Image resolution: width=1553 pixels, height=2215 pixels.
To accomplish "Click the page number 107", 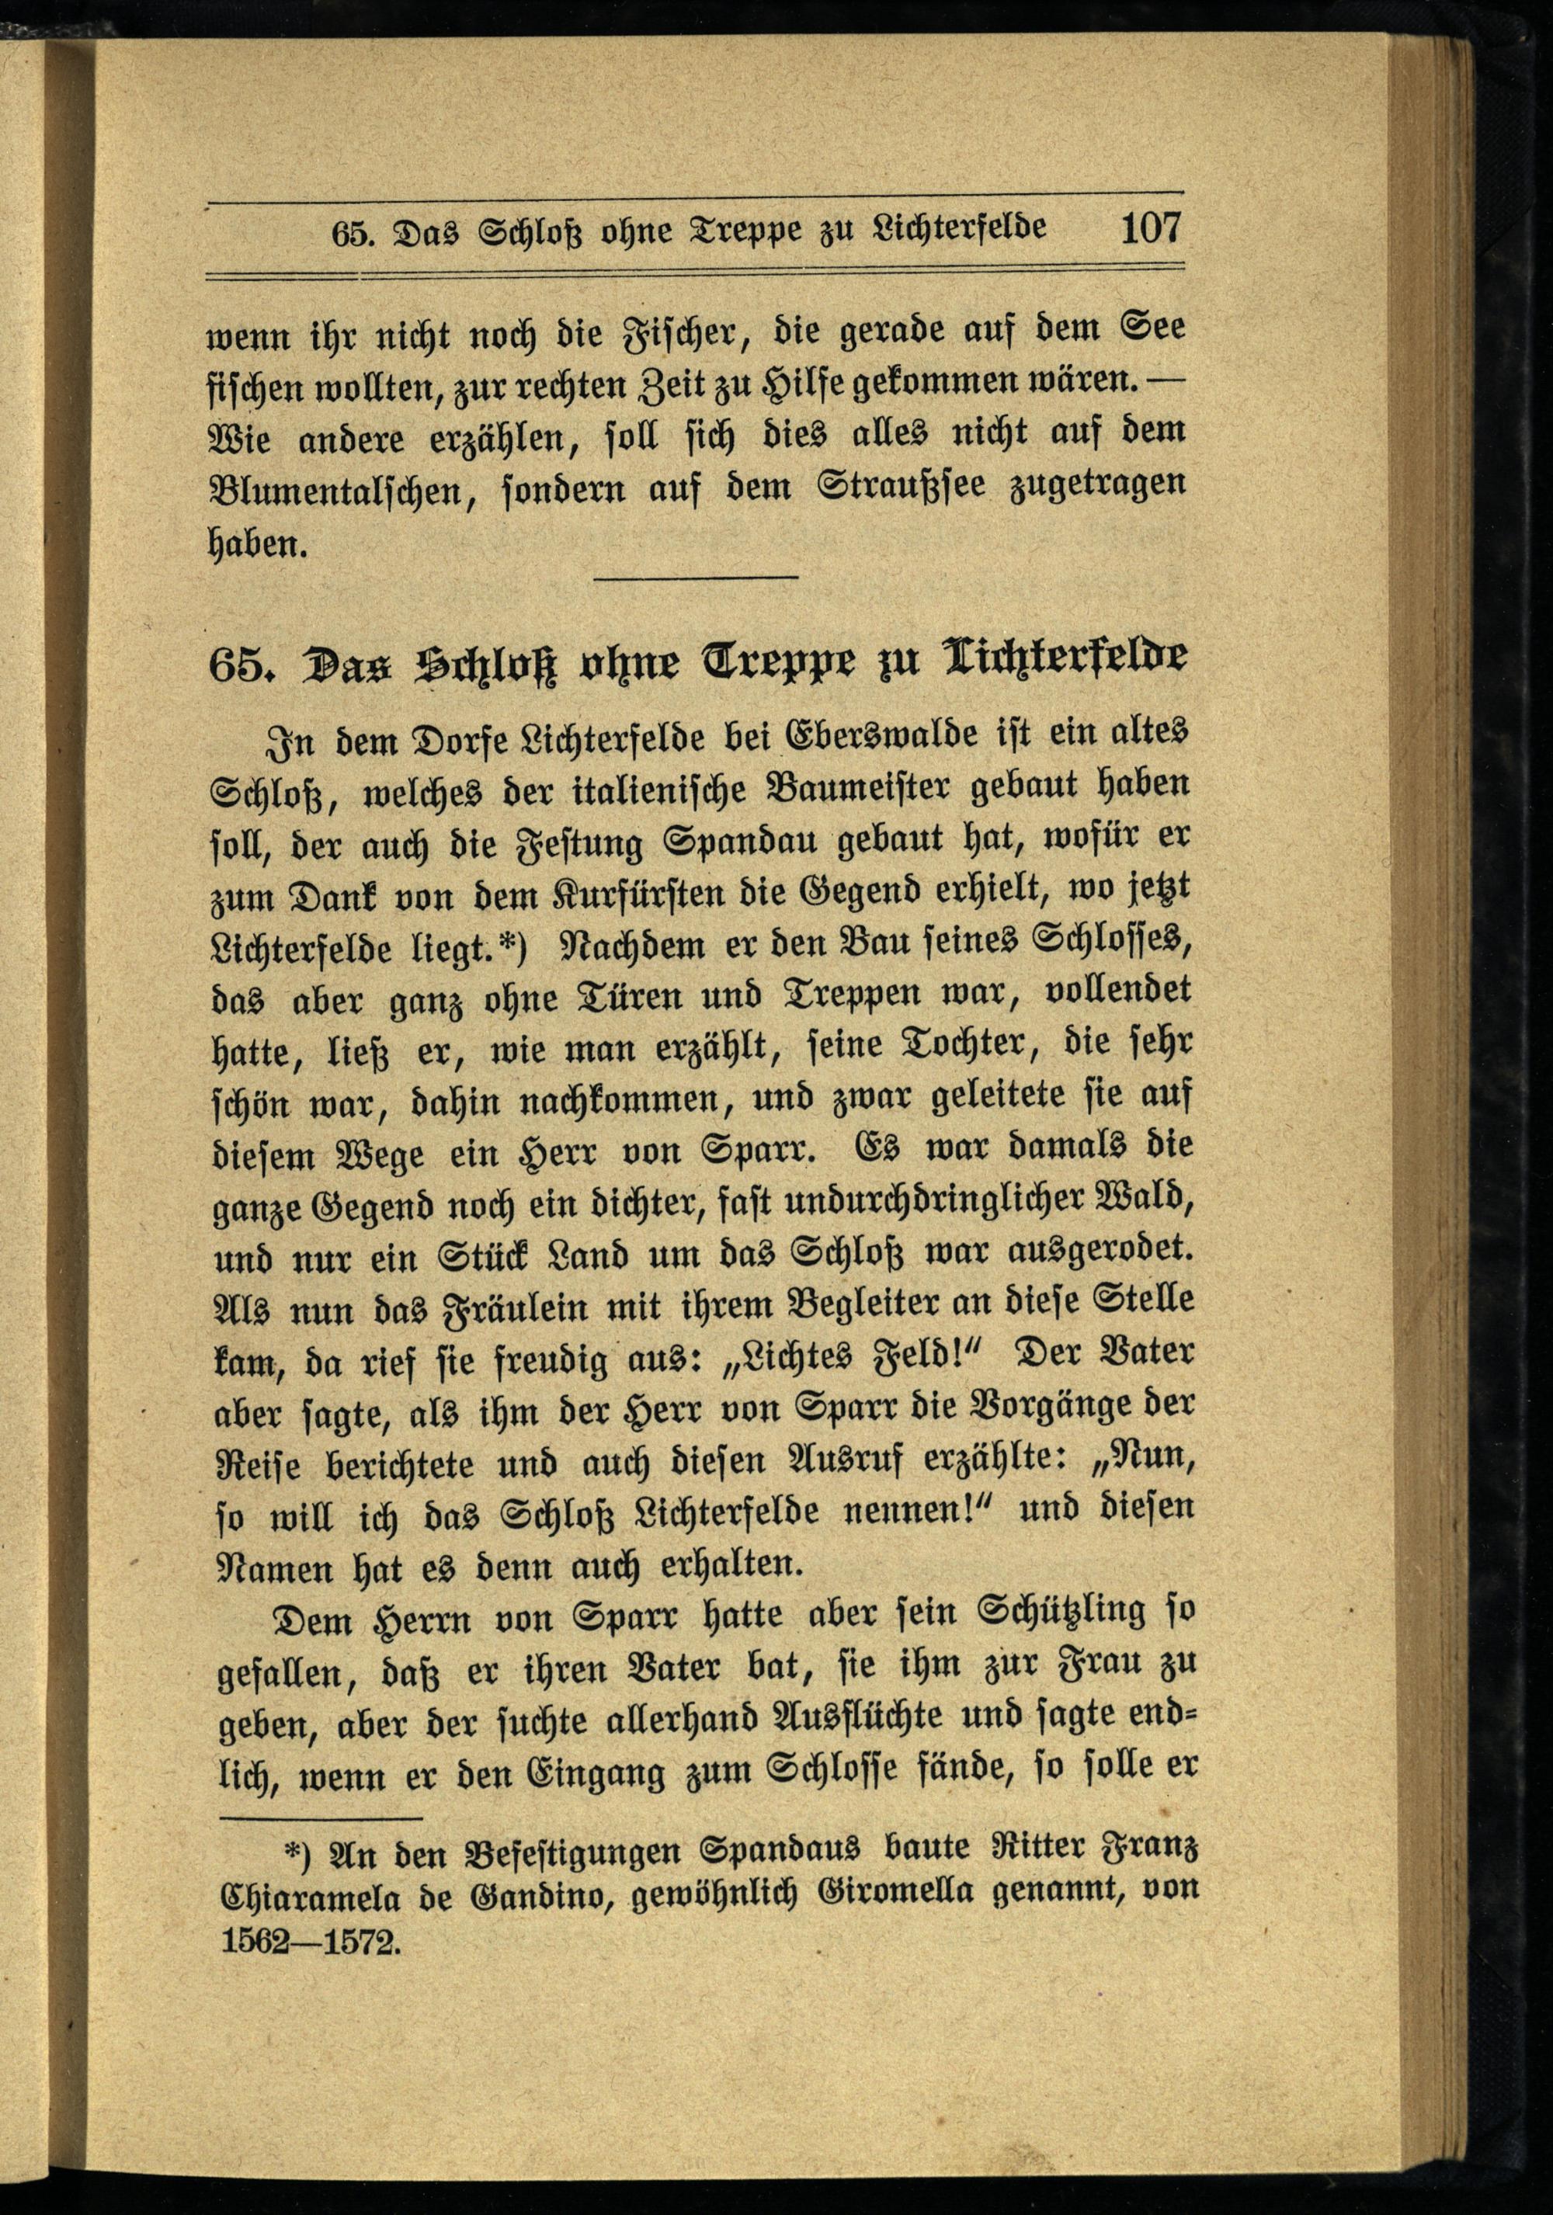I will tap(1150, 230).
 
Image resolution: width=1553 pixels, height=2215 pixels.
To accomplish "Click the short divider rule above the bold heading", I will tap(697, 577).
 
